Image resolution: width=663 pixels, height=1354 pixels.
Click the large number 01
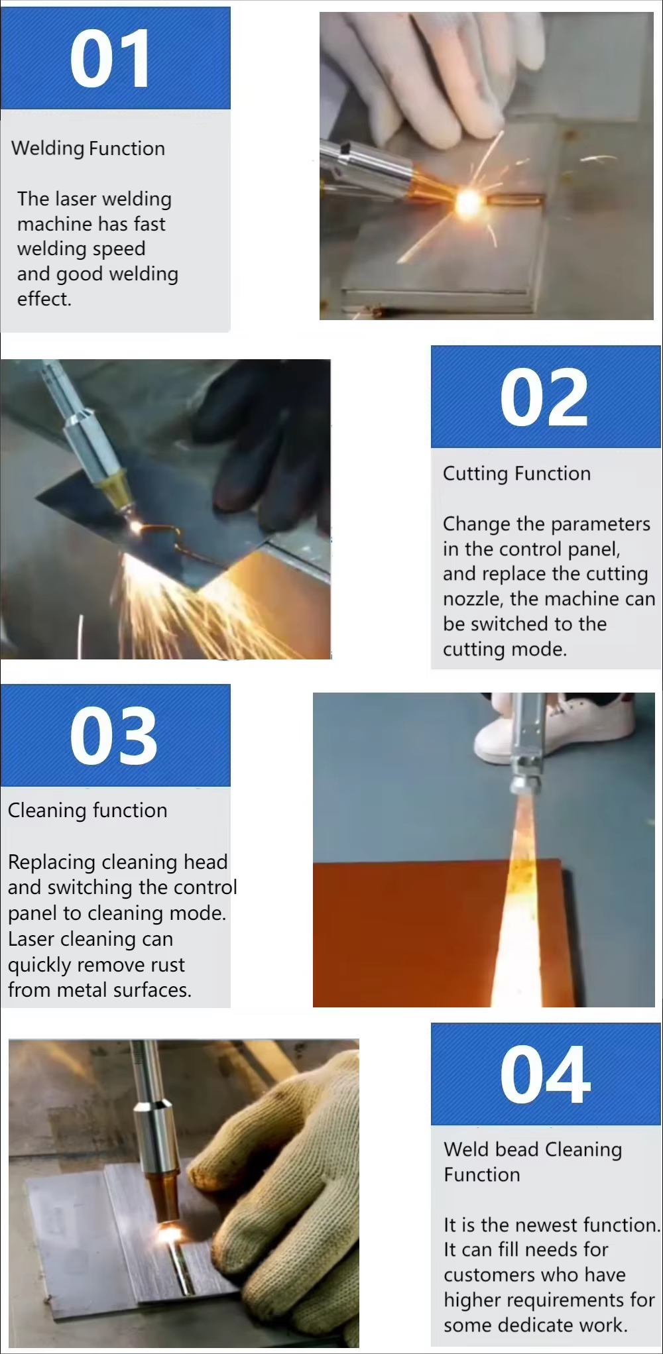pyautogui.click(x=109, y=59)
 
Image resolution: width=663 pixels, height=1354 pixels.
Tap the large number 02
pyautogui.click(x=544, y=398)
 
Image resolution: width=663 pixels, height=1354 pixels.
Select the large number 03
pyautogui.click(x=113, y=735)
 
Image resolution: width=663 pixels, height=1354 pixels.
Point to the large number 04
pyautogui.click(x=545, y=1074)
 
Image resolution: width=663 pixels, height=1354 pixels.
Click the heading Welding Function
pyautogui.click(x=88, y=148)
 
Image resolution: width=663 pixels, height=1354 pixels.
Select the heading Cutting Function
pyautogui.click(x=516, y=473)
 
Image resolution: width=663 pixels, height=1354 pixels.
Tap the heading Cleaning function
pyautogui.click(x=88, y=811)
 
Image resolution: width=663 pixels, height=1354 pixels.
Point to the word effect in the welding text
pyautogui.click(x=44, y=299)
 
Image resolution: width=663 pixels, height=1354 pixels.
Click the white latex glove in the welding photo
pyautogui.click(x=431, y=73)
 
